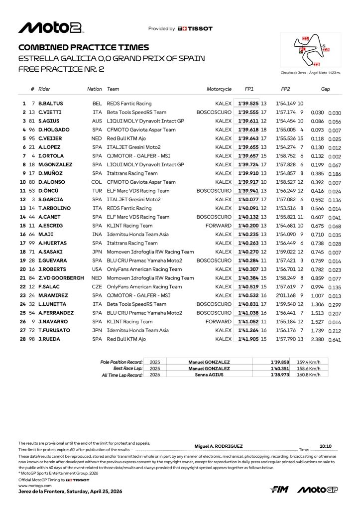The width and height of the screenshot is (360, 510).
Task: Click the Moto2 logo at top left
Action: pyautogui.click(x=50, y=27)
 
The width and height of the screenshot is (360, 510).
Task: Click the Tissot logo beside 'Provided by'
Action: pyautogui.click(x=195, y=29)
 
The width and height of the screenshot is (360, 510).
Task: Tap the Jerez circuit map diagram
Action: pyautogui.click(x=311, y=50)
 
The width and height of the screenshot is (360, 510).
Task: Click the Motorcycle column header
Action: pyautogui.click(x=219, y=89)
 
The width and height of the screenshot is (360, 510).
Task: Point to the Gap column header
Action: pyautogui.click(x=326, y=89)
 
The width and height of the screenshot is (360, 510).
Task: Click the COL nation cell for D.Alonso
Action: pyautogui.click(x=97, y=182)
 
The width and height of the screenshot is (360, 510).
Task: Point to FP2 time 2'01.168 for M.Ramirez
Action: pyautogui.click(x=286, y=296)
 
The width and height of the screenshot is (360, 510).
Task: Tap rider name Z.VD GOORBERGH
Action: pyautogui.click(x=61, y=278)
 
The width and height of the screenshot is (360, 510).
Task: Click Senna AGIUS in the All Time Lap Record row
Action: pyautogui.click(x=209, y=375)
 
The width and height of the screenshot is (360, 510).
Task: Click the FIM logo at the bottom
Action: pyautogui.click(x=280, y=490)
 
